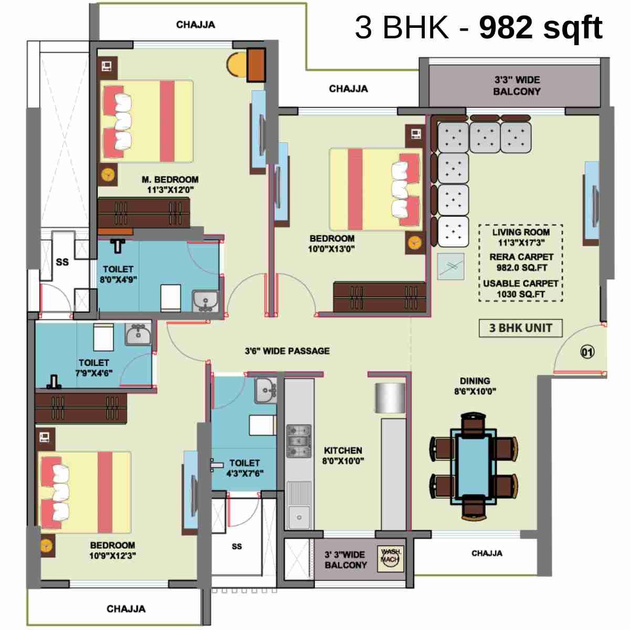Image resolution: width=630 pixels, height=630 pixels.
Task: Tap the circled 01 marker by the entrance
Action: [x=587, y=352]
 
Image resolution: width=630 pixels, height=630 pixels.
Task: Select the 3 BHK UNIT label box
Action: [x=520, y=328]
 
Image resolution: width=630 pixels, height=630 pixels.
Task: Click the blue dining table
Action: [x=474, y=464]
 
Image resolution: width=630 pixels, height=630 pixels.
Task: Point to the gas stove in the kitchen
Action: [x=299, y=441]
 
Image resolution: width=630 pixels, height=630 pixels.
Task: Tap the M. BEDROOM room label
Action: [x=170, y=184]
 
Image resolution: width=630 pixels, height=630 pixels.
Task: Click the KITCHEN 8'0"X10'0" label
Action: [x=343, y=455]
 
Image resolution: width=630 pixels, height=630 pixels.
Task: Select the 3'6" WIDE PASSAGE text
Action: [x=287, y=351]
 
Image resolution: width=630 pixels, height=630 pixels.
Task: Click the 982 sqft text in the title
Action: [x=540, y=27]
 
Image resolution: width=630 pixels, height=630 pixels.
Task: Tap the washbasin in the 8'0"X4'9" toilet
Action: [x=205, y=301]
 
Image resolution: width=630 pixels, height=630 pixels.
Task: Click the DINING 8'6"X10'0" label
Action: [x=475, y=386]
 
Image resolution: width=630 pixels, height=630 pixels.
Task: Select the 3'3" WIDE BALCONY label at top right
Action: [x=517, y=86]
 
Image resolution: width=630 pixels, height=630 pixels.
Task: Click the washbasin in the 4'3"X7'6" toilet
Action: [x=266, y=390]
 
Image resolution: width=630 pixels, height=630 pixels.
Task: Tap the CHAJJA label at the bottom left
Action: [x=126, y=608]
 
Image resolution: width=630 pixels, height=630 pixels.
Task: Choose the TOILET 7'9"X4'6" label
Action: [x=94, y=367]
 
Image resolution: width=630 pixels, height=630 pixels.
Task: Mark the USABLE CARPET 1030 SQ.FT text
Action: [x=520, y=289]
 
